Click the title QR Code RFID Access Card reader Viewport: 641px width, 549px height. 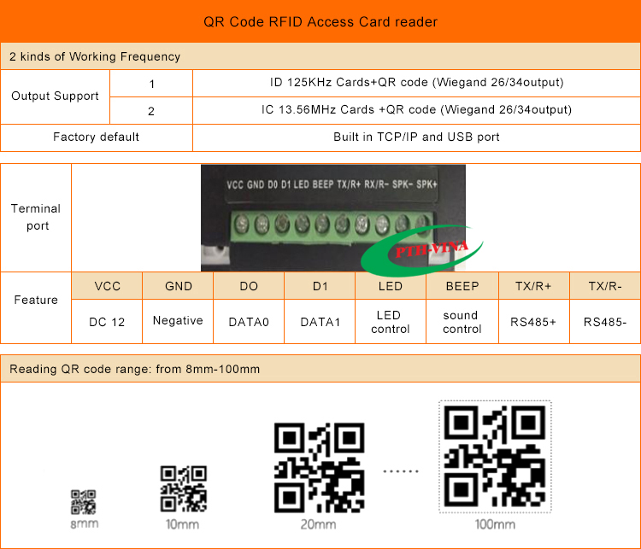(x=320, y=21)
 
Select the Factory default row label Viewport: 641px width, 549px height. (x=96, y=137)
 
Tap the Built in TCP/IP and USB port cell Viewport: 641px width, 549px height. (x=416, y=137)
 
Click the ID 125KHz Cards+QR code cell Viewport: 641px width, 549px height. (x=416, y=83)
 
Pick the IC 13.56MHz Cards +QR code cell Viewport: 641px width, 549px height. (x=416, y=109)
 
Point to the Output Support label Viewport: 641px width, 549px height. (x=56, y=96)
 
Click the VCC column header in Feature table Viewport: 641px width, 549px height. (x=108, y=286)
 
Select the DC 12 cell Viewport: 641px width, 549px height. (x=107, y=322)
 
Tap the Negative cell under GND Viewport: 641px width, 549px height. (x=178, y=321)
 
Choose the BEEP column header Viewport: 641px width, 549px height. (x=462, y=286)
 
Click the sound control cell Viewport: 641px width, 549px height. (x=462, y=322)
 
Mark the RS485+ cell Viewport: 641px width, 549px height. (x=533, y=322)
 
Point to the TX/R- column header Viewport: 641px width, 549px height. (x=605, y=286)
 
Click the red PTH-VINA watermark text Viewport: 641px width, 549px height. (x=432, y=248)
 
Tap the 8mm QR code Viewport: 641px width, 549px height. (x=84, y=502)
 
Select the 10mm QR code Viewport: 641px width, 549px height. (x=184, y=488)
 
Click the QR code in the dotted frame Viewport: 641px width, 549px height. (x=495, y=456)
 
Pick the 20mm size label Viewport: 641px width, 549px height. (x=319, y=524)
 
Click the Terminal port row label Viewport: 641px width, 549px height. (x=36, y=217)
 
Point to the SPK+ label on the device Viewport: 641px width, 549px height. (x=426, y=184)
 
